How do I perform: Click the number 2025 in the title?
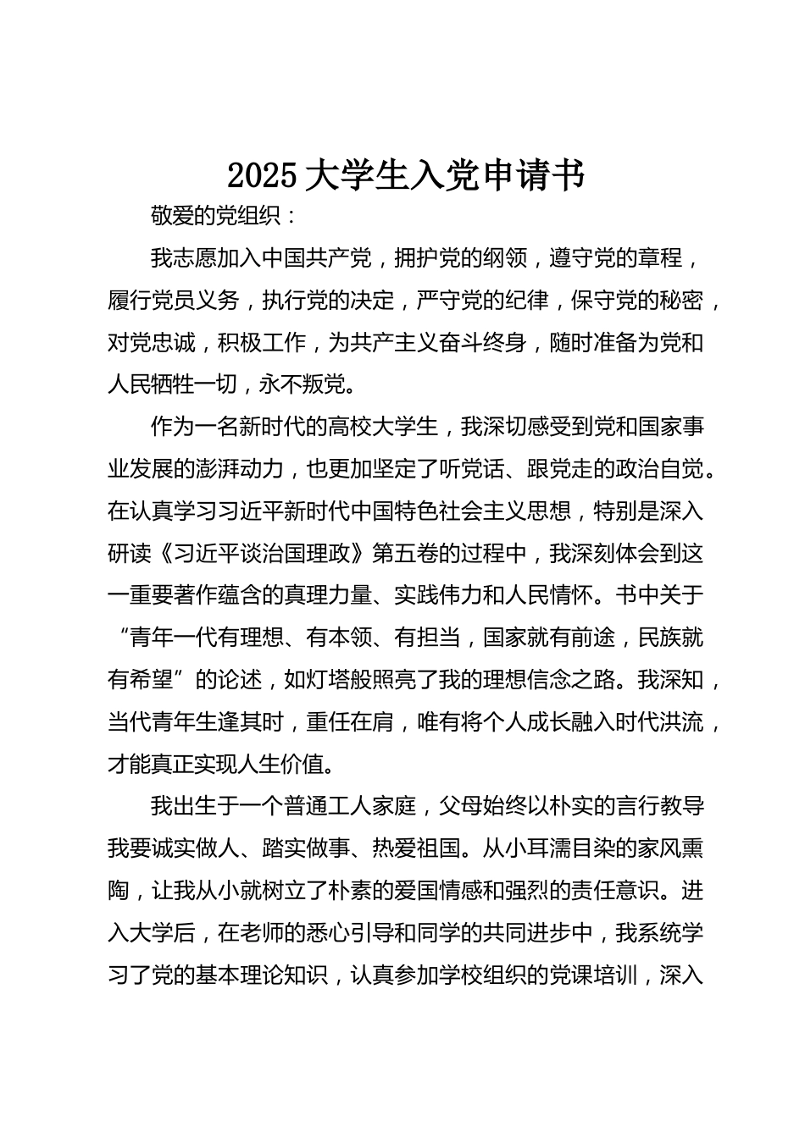(262, 175)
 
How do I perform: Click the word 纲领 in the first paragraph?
(506, 258)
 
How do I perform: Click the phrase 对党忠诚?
(153, 343)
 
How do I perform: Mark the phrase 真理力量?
(329, 596)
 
